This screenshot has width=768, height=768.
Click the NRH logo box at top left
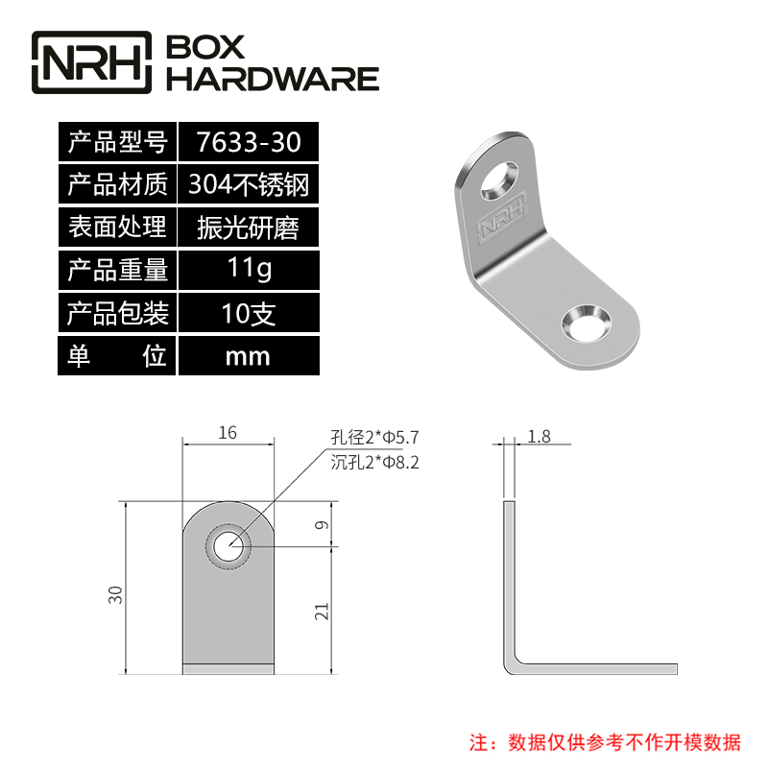click(x=93, y=62)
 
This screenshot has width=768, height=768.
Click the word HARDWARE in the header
click(x=274, y=79)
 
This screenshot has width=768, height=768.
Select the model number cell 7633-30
click(x=248, y=143)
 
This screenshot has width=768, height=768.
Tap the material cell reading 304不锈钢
click(x=248, y=184)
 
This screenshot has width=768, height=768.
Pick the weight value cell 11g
click(x=248, y=270)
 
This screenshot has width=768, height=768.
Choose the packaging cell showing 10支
click(x=248, y=313)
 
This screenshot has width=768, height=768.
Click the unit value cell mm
click(x=248, y=356)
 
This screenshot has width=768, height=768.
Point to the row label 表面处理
click(x=117, y=228)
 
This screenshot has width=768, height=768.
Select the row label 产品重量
click(x=117, y=270)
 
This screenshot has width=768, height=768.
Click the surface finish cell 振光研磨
click(x=248, y=228)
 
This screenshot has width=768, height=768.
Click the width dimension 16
click(x=228, y=434)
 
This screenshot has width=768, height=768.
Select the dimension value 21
click(x=323, y=611)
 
